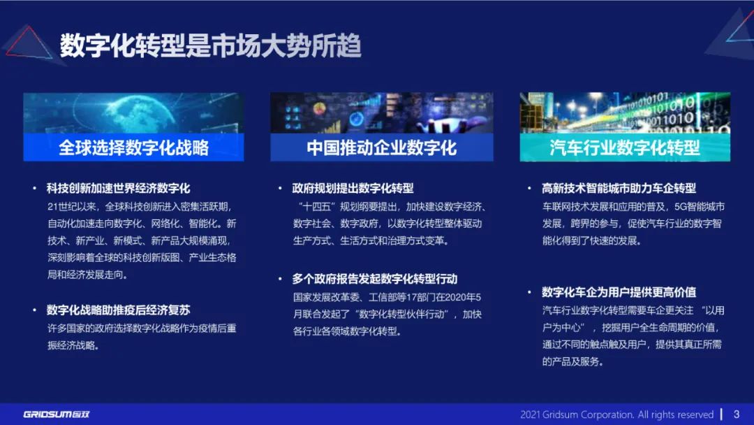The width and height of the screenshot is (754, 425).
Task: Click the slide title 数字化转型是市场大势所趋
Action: click(x=210, y=45)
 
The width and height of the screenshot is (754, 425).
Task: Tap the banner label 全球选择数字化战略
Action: click(x=133, y=147)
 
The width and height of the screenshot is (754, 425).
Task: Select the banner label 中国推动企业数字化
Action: click(x=381, y=147)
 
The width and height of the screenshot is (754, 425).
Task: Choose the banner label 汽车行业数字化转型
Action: click(x=624, y=147)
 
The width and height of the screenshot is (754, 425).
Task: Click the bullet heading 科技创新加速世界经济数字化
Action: click(x=118, y=188)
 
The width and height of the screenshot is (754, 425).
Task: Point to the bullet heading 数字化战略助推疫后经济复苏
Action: click(x=118, y=310)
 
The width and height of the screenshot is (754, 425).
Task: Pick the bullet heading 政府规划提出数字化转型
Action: click(x=353, y=188)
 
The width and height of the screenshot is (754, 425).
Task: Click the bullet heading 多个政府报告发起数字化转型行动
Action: click(x=374, y=278)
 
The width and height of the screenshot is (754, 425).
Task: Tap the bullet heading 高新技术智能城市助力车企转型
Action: click(x=619, y=188)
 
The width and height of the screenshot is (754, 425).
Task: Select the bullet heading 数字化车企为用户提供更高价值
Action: click(x=619, y=292)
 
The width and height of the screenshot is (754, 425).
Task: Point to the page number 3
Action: click(x=736, y=414)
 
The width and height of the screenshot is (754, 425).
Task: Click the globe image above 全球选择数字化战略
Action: click(x=133, y=112)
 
